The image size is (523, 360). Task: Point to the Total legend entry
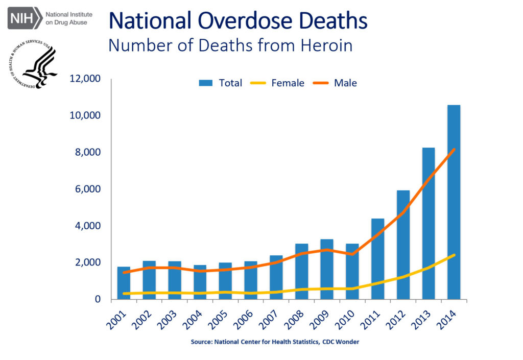tap(221, 83)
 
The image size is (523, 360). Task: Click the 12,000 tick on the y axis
tap(85, 79)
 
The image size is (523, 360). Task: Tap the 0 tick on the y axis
tap(97, 299)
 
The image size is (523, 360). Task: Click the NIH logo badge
tap(23, 18)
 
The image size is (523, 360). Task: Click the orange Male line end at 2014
tap(454, 150)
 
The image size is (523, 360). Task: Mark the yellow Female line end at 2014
tap(454, 255)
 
